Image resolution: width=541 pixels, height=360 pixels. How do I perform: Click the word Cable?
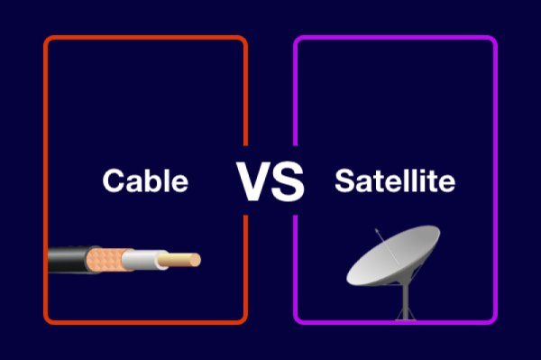click(145, 181)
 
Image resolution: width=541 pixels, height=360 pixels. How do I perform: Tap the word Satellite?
click(394, 181)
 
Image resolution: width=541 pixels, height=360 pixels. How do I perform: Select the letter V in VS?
click(254, 181)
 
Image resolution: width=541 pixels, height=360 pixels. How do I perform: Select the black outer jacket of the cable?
click(65, 262)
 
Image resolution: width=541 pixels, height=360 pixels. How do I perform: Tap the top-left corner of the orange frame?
click(47, 39)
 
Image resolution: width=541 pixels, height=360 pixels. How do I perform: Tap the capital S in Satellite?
click(344, 181)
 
